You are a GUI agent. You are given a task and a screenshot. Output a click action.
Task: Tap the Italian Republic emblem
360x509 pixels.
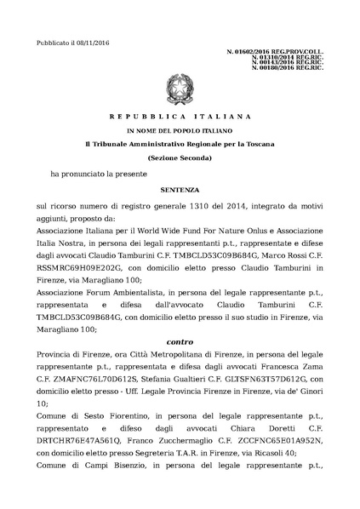[180, 88]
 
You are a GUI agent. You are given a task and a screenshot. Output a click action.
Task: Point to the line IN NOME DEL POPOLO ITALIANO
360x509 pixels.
[180, 132]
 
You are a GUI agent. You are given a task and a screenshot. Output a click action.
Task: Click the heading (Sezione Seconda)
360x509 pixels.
[180, 159]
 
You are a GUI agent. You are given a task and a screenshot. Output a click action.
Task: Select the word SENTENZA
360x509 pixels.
[180, 192]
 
